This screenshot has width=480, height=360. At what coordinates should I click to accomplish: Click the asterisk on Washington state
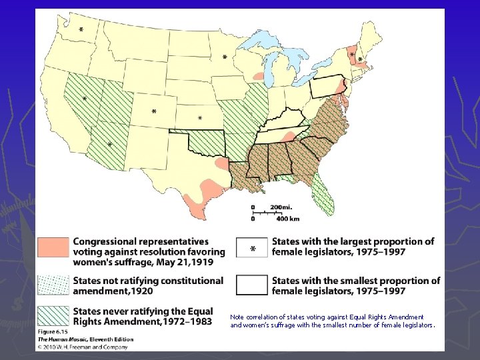click(81, 31)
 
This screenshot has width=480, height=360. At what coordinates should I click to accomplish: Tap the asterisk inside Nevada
click(85, 99)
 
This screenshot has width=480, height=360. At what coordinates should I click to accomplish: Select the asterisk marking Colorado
click(155, 111)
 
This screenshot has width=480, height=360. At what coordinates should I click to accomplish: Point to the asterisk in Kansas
click(200, 119)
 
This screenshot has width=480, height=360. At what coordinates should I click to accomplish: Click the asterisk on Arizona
click(110, 145)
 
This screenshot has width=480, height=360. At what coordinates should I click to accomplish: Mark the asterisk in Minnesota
click(224, 58)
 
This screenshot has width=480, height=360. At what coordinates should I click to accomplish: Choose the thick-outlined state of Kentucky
click(284, 121)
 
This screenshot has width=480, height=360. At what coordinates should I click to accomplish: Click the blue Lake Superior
click(267, 43)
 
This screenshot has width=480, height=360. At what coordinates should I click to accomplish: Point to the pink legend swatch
click(53, 247)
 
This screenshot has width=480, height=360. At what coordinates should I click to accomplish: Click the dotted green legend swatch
click(53, 285)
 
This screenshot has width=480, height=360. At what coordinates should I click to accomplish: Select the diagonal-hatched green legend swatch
click(53, 316)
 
